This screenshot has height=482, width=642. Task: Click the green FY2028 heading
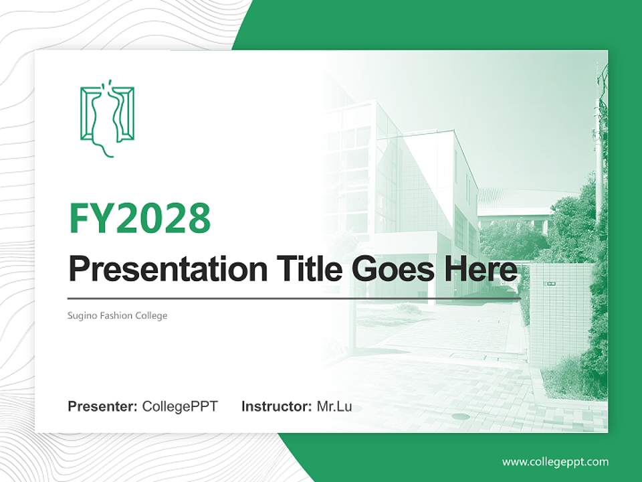[x=140, y=218]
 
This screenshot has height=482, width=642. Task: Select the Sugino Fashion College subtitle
[x=118, y=315]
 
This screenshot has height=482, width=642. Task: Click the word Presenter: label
[x=103, y=406]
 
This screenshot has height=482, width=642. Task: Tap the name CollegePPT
[x=180, y=406]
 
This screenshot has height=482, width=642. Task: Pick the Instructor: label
[x=276, y=406]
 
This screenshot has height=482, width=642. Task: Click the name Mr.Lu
[x=334, y=406]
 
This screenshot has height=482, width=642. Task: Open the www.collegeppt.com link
[x=555, y=461]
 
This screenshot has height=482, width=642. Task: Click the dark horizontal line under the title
[x=294, y=298]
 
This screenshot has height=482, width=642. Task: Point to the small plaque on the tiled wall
[x=552, y=283]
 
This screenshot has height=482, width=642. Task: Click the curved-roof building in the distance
[x=515, y=204]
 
